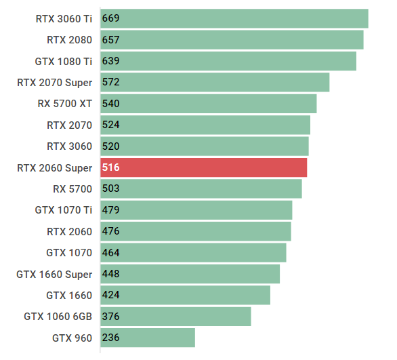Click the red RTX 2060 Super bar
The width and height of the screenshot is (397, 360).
tap(203, 167)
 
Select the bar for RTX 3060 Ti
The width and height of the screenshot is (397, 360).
tap(234, 18)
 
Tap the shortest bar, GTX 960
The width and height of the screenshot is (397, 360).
tap(148, 338)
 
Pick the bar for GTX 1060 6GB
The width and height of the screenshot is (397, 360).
tap(175, 317)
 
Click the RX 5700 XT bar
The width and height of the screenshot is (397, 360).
tap(208, 104)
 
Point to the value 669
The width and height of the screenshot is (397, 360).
tap(110, 18)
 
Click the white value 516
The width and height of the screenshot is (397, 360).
tap(110, 167)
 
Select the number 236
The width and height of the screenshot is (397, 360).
tap(110, 338)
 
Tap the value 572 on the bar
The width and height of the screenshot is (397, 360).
tap(110, 82)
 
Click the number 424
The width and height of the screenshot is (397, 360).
tap(110, 295)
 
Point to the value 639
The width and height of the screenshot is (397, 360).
tap(110, 61)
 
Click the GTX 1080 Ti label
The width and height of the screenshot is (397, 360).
tap(63, 61)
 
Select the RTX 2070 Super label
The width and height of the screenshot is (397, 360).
tap(54, 82)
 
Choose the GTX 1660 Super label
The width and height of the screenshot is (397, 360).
tap(54, 274)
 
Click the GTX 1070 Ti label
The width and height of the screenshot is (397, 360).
tap(63, 210)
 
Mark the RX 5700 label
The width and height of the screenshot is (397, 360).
tap(72, 188)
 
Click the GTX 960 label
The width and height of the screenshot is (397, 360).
tap(72, 338)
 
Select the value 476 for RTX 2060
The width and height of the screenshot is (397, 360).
tap(110, 231)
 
